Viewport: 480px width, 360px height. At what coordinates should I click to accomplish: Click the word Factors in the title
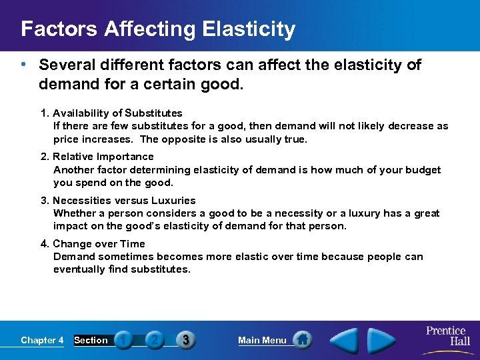coord(57,29)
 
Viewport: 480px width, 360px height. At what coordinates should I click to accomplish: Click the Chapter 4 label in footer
coord(42,340)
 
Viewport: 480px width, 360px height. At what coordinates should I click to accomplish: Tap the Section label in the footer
coord(91,340)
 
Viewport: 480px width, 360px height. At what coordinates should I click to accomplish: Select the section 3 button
coord(185,340)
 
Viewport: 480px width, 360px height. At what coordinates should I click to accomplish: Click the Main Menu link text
coord(262,340)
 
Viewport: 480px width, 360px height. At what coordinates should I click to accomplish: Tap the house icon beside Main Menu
coord(302,340)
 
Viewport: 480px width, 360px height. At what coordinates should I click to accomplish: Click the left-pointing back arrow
coord(345,340)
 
